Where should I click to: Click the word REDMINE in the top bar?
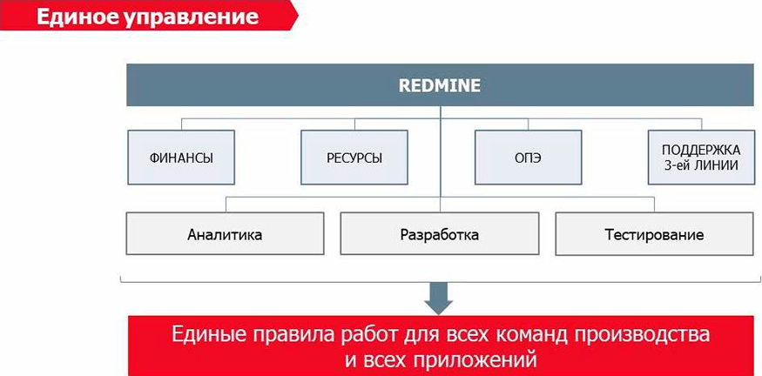coord(439,86)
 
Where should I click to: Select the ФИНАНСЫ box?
coord(181,158)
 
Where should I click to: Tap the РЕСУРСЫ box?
coord(354,158)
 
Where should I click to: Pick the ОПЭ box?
coord(529,158)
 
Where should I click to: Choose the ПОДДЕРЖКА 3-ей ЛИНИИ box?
coord(701,158)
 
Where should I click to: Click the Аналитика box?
coord(225,233)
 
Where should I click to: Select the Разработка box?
coord(439,233)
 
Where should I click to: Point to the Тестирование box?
coord(654,233)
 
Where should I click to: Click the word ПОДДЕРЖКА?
coord(701,149)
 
